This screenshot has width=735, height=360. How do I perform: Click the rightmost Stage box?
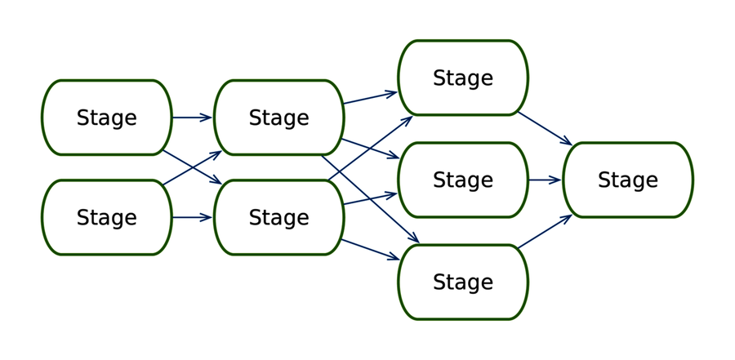click(x=627, y=180)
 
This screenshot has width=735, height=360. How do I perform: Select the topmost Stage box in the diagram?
click(x=462, y=78)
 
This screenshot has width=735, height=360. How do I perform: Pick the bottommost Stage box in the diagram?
click(x=462, y=282)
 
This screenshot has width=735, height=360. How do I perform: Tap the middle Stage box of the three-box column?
click(x=462, y=180)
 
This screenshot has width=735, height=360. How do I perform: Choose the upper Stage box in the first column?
click(x=106, y=118)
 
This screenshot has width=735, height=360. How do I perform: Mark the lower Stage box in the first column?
click(x=106, y=217)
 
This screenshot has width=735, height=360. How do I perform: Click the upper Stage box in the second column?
click(x=278, y=118)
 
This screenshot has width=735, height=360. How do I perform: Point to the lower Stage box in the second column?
click(x=278, y=217)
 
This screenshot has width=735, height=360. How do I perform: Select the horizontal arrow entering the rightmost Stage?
click(x=545, y=180)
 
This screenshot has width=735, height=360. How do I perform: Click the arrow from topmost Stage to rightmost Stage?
click(x=545, y=128)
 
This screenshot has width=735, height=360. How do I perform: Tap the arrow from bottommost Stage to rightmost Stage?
click(x=545, y=232)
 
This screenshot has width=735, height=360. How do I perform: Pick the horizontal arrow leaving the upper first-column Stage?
click(x=192, y=118)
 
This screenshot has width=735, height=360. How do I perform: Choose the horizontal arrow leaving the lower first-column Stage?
click(x=192, y=217)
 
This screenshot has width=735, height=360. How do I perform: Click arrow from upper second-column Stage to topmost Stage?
click(x=370, y=98)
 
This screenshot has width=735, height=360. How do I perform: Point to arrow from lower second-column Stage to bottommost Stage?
click(x=370, y=250)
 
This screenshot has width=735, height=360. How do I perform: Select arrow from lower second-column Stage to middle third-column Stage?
click(x=370, y=198)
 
